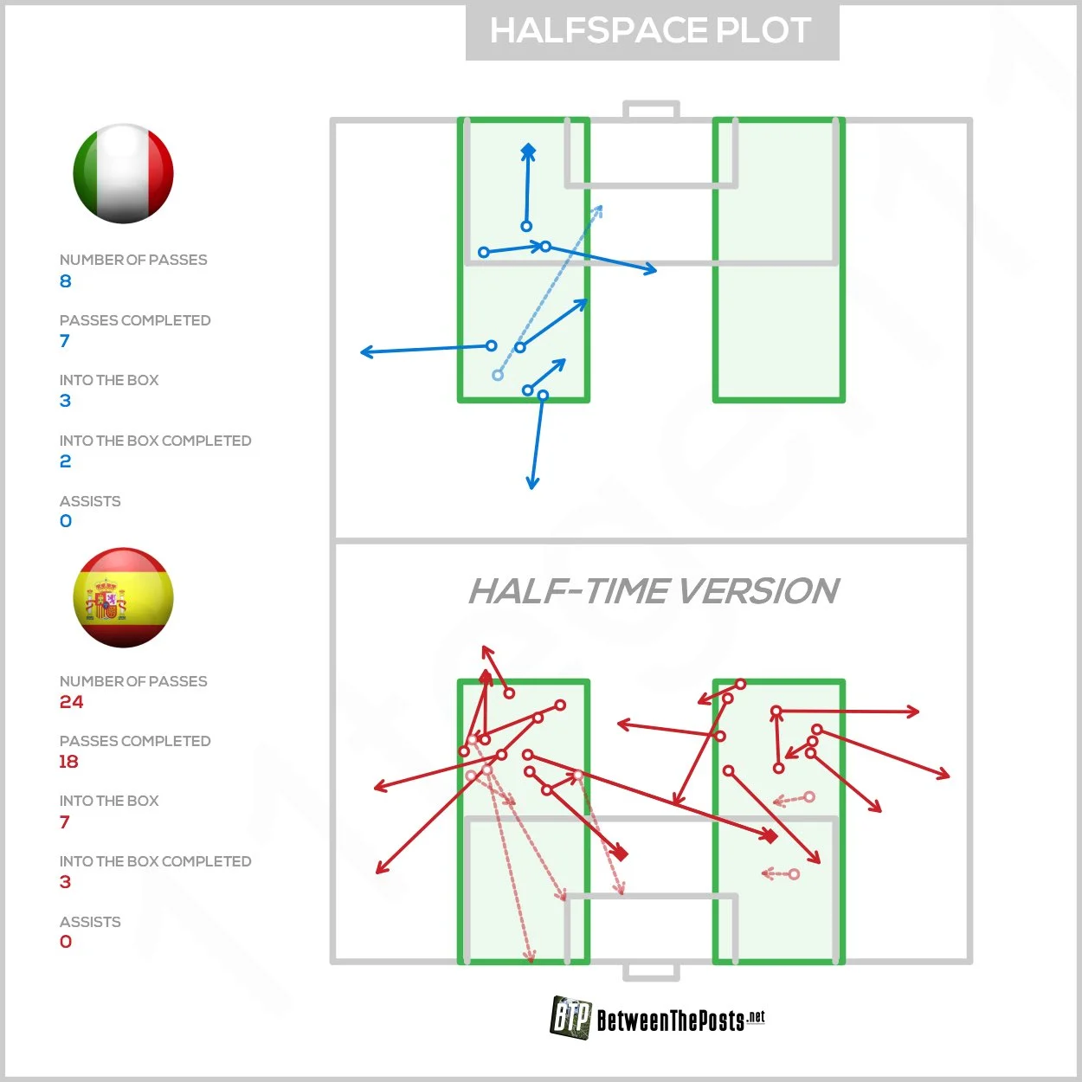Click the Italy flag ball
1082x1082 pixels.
click(x=124, y=173)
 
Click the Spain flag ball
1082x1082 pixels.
click(x=124, y=597)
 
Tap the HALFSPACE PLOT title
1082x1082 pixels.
click(x=651, y=31)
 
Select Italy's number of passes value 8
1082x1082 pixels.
click(x=66, y=281)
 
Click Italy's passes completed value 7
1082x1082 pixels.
click(x=65, y=341)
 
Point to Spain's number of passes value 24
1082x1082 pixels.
click(x=72, y=702)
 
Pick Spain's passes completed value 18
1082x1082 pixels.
click(x=68, y=762)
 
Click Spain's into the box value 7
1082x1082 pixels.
click(x=65, y=822)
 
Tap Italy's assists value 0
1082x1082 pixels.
click(x=66, y=521)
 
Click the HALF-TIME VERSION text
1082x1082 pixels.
click(x=654, y=591)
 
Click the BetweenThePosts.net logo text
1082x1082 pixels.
click(x=680, y=1021)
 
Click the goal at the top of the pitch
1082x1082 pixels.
click(x=651, y=110)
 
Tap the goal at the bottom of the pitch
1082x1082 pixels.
click(x=651, y=971)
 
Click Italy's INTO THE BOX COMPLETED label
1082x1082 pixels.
click(x=155, y=441)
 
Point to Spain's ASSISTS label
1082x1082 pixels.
click(x=90, y=922)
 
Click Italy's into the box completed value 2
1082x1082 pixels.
click(x=66, y=461)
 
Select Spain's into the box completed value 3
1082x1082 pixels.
click(x=66, y=882)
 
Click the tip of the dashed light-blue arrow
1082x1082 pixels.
click(x=601, y=208)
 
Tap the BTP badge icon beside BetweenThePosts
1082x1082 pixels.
click(x=570, y=1016)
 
